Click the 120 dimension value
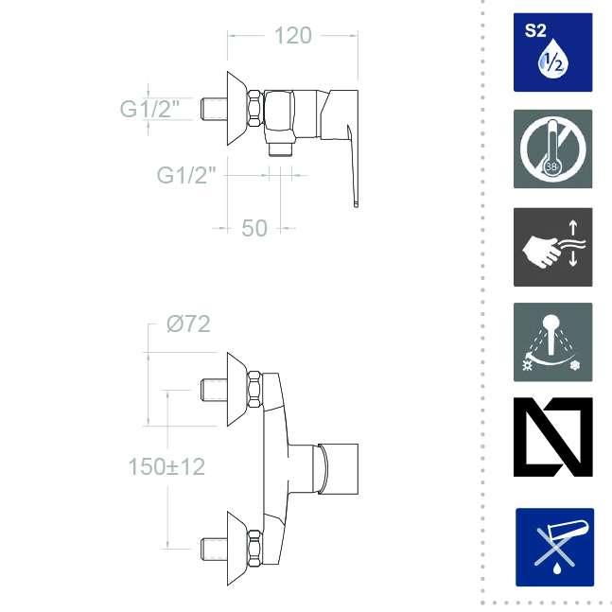292,36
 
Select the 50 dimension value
254,228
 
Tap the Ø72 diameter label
188,323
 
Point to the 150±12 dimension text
166,466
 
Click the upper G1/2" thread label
149,109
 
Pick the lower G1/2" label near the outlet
186,175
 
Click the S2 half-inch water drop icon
552,52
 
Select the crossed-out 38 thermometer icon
552,149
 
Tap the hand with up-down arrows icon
552,247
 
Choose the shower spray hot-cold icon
552,341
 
